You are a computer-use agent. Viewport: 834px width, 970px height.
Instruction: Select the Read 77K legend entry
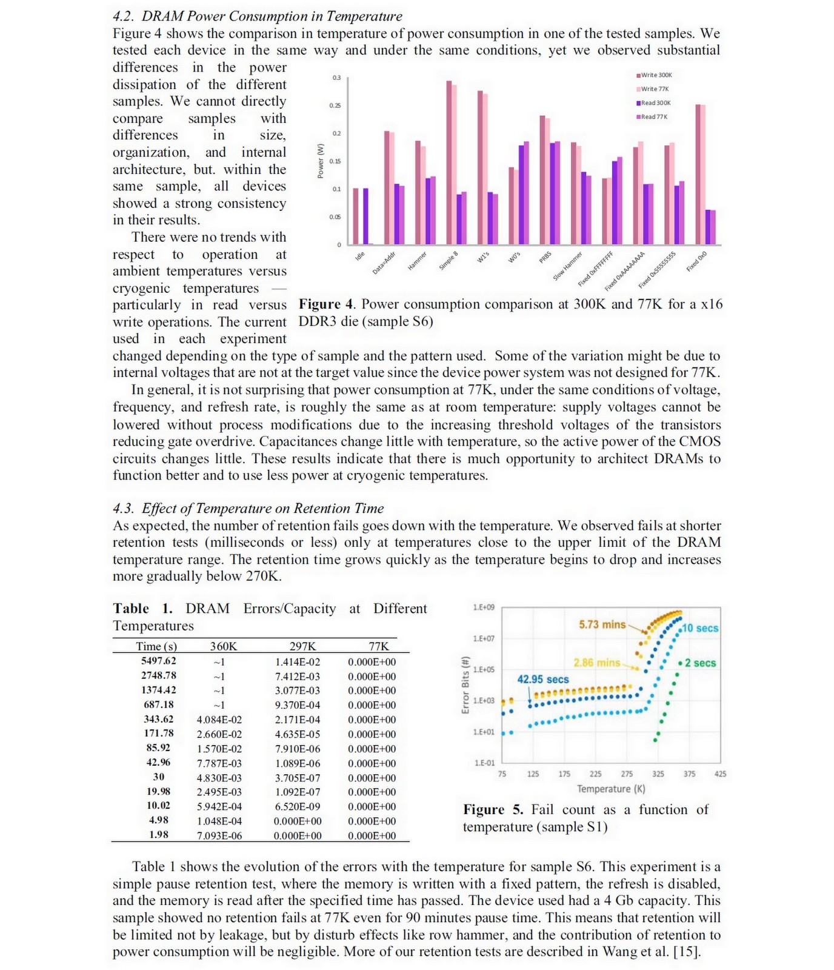[655, 116]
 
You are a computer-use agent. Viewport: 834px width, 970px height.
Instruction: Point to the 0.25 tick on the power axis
[335, 105]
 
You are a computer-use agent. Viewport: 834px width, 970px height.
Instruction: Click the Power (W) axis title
[321, 161]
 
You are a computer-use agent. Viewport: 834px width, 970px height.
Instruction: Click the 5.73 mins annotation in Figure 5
[601, 624]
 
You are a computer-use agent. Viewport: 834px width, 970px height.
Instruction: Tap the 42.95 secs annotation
[542, 679]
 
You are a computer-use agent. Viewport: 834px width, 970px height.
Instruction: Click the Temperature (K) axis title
[610, 789]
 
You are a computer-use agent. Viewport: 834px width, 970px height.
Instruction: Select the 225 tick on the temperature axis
[596, 774]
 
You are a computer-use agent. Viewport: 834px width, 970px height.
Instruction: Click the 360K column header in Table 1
[223, 646]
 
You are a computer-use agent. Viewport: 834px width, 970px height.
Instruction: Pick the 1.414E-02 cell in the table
[298, 662]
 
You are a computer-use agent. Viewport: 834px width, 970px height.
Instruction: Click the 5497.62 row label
[158, 661]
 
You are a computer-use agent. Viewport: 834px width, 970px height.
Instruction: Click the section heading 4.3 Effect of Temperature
[248, 508]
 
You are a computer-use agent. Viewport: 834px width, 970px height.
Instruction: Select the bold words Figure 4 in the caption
[324, 304]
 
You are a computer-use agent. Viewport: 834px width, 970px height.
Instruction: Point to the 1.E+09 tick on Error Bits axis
[484, 607]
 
